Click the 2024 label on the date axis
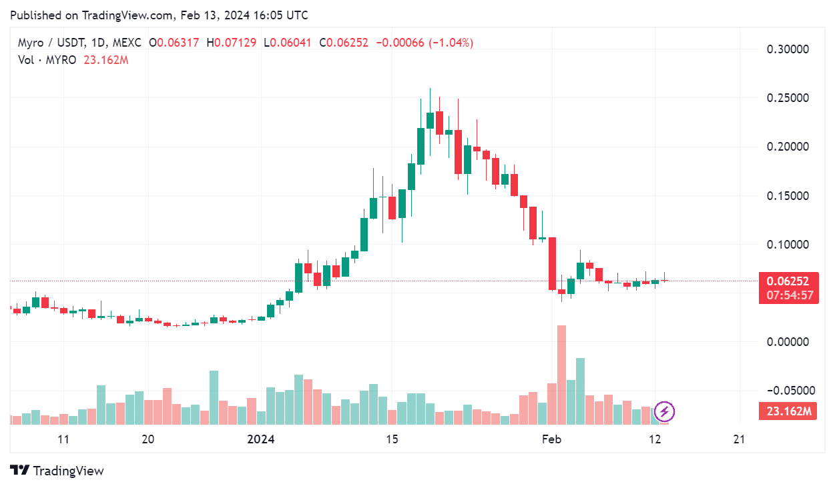point(261,439)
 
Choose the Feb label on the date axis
point(551,439)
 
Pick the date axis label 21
point(739,439)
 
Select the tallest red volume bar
point(561,373)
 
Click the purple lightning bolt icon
point(665,411)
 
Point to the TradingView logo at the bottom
point(57,471)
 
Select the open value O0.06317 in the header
point(175,43)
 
